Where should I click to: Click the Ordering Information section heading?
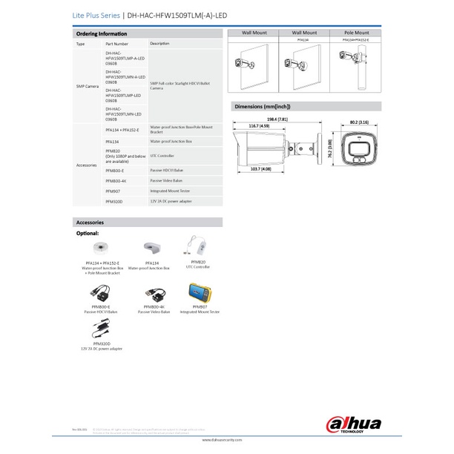[x=102, y=34]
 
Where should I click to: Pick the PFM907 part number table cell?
[x=113, y=191]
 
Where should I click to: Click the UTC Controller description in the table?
[x=162, y=156]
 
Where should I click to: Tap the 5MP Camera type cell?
[x=88, y=87]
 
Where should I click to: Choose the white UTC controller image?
[x=198, y=245]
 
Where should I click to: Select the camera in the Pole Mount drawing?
[x=349, y=56]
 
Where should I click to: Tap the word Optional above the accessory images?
[x=88, y=233]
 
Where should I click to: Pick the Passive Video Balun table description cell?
[x=168, y=180]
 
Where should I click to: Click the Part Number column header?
[x=117, y=45]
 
